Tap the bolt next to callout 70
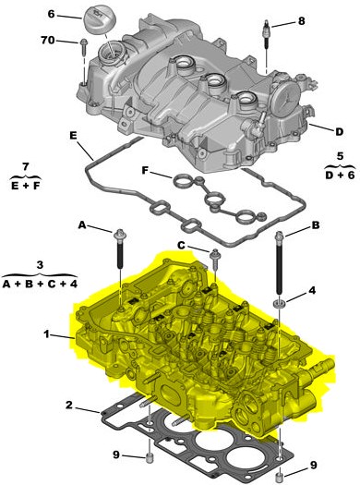coord(83,47)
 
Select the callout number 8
coord(301,21)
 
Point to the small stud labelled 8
coord(266,34)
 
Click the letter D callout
coord(340,132)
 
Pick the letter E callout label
coord(73,136)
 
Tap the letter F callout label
coord(145,170)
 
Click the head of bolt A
coord(119,236)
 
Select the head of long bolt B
coord(279,236)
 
